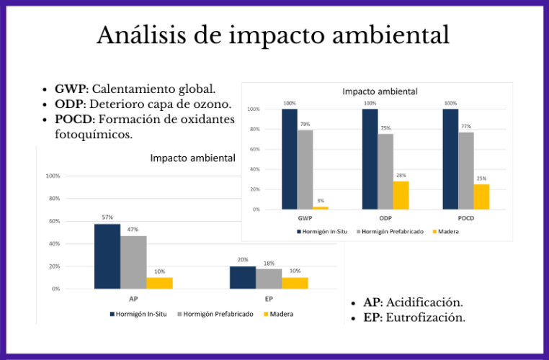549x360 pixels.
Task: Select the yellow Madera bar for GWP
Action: [321, 207]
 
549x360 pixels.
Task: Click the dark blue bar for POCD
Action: [450, 159]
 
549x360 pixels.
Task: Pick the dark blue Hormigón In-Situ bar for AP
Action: [107, 256]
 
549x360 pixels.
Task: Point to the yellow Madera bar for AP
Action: [159, 283]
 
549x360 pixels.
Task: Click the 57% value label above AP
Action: [107, 217]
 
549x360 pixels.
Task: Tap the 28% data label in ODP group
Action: [401, 175]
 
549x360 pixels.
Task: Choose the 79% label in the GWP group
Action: [305, 124]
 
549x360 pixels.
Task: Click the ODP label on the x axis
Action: [385, 217]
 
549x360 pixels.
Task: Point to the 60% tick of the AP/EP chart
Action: [53, 221]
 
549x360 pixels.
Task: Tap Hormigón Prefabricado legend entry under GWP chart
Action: [389, 231]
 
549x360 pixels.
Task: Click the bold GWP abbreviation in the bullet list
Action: [70, 90]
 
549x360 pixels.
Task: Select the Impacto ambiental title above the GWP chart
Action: [380, 91]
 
